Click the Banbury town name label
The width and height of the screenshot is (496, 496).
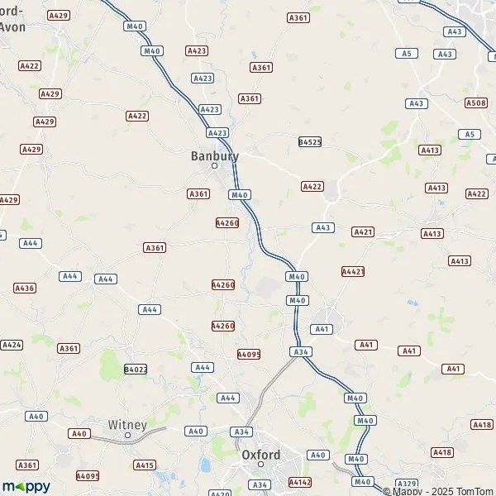coord(214,155)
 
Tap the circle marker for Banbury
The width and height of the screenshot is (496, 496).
coord(214,166)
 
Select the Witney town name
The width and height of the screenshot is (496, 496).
coord(127,425)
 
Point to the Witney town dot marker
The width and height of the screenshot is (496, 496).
coord(127,435)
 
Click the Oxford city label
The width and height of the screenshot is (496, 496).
coord(260,455)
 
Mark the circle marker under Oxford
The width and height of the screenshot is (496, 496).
coord(260,465)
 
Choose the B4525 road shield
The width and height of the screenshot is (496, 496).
coord(309,142)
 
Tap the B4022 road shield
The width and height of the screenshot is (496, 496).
coord(135,369)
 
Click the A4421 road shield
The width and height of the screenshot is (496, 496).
coord(353,271)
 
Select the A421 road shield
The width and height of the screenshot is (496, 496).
coord(363,232)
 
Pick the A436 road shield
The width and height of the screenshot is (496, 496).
coord(24,288)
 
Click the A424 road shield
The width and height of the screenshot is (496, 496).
coord(12,344)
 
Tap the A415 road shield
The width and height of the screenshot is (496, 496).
coord(145,465)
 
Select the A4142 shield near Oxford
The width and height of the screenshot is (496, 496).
coord(300,481)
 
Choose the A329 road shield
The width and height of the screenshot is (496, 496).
coord(406,483)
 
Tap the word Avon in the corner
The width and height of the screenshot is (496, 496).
coord(12,26)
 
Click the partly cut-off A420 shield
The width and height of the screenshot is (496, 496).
coord(220,494)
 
